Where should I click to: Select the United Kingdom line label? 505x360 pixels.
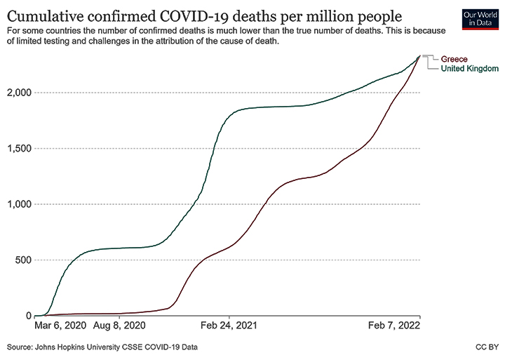pos(469,69)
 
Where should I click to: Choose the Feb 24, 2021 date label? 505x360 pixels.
pos(229,326)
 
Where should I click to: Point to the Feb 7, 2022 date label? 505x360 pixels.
pos(396,326)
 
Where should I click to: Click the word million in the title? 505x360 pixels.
pos(333,17)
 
